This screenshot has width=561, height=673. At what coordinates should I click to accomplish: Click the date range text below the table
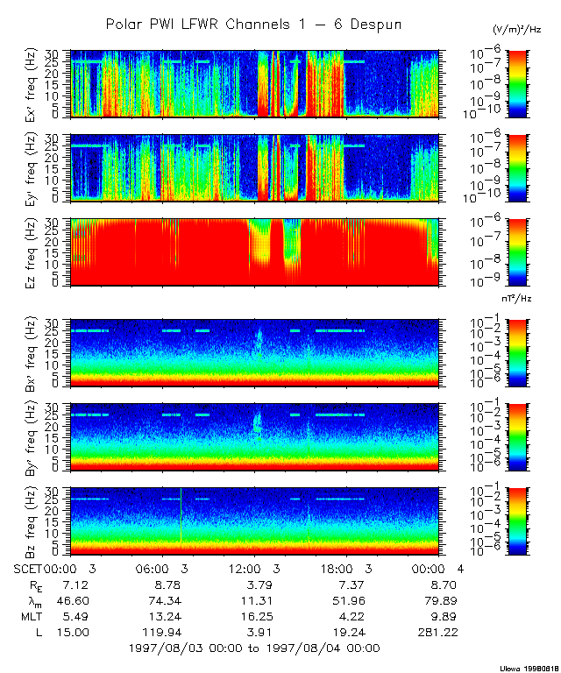[x=253, y=648]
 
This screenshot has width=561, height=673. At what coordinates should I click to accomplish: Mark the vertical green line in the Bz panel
[x=181, y=517]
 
